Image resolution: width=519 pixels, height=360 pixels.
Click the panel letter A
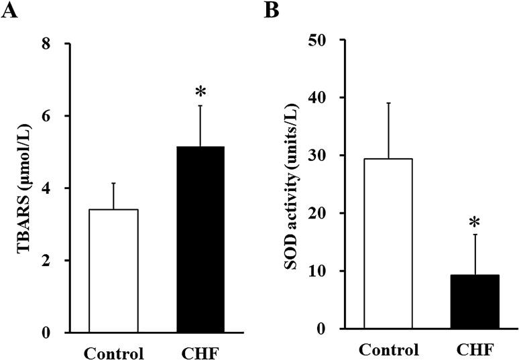tap(8, 10)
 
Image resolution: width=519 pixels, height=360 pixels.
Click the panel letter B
tap(271, 10)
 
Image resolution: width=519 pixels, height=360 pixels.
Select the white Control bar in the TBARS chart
tap(114, 271)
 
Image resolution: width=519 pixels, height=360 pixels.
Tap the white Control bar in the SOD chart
tap(388, 243)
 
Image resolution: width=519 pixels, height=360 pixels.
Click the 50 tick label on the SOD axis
tap(319, 40)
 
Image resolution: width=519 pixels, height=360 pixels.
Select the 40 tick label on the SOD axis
tap(319, 98)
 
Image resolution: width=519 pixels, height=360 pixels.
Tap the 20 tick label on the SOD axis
tap(319, 213)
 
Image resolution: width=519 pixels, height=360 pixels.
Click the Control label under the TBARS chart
tap(114, 352)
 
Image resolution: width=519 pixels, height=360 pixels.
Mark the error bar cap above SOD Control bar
tap(388, 103)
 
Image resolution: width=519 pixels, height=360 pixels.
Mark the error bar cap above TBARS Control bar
tap(114, 183)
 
